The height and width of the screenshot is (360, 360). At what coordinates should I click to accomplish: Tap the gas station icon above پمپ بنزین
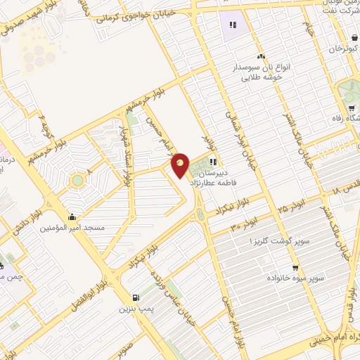[136, 297]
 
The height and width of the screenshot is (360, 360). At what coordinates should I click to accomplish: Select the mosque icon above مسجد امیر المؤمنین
[73, 217]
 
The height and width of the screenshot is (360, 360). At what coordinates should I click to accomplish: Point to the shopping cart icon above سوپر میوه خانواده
[295, 268]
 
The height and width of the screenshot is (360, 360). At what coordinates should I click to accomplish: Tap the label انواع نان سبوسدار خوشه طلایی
[262, 72]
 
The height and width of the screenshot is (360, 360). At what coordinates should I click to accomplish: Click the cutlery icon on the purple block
[233, 25]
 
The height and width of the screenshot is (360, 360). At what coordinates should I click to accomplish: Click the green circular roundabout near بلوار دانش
[77, 181]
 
